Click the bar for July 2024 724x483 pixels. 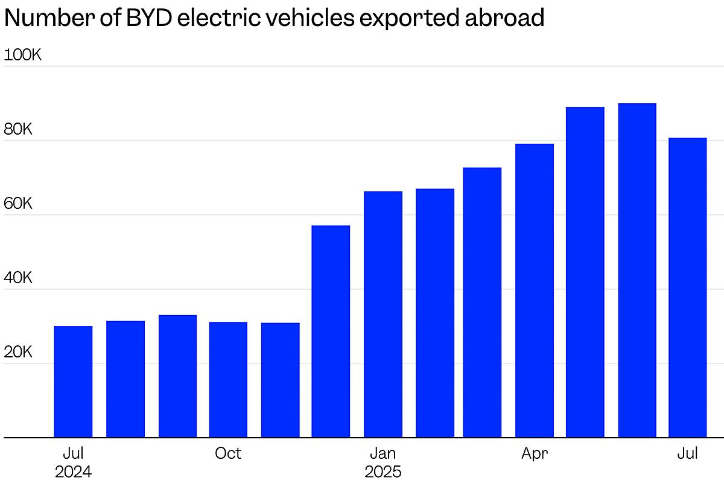click(73, 382)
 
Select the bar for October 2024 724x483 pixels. click(228, 380)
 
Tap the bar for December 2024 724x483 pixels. click(331, 331)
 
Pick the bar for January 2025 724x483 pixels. click(383, 315)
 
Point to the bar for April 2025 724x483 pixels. click(535, 290)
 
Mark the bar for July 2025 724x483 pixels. click(687, 287)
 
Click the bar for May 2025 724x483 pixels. click(585, 272)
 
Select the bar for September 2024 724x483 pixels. click(177, 376)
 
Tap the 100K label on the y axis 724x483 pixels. click(23, 55)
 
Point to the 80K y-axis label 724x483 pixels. click(18, 129)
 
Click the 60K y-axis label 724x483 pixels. click(18, 203)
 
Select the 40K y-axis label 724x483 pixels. click(18, 278)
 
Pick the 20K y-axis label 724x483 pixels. click(18, 352)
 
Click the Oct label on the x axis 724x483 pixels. click(228, 453)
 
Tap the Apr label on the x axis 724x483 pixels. click(535, 453)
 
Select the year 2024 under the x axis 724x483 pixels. click(73, 472)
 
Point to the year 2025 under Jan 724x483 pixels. click(383, 472)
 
